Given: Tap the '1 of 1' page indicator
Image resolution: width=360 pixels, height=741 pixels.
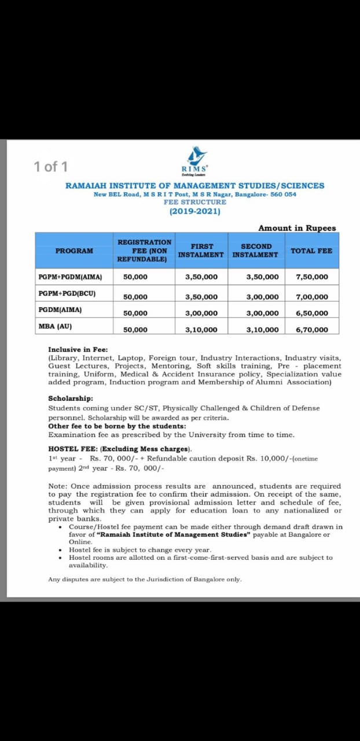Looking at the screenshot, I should point(51,167).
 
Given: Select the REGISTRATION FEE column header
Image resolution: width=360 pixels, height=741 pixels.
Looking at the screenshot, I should point(144,251).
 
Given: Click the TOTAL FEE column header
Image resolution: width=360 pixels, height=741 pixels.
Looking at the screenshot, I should point(311,251).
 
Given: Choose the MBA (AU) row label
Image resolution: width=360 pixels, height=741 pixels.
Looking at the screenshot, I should point(55,327).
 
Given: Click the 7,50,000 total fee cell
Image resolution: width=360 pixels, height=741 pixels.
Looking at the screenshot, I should point(311,277).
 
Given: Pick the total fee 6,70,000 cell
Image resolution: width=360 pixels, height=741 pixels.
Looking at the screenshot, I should point(311,330).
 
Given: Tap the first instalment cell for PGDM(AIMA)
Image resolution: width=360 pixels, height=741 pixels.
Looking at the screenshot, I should point(201,313).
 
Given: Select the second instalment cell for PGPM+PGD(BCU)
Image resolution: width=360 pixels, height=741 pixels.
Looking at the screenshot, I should point(262,297).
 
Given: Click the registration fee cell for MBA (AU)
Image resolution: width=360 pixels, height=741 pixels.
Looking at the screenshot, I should point(135,330).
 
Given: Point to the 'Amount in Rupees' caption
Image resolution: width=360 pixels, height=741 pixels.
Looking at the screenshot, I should point(297,228).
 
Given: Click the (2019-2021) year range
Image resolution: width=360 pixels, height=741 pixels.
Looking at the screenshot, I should point(194,211).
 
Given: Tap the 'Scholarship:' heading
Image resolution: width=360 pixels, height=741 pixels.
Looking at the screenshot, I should point(70,398).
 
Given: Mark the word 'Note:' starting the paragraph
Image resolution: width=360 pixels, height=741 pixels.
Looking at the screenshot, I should point(58,486).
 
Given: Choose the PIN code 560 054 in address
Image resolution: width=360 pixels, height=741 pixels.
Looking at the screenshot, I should point(282,194).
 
